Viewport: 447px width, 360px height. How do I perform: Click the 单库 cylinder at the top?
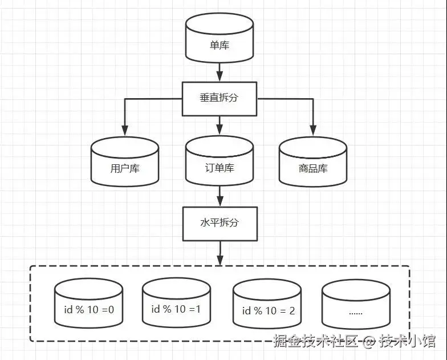click(x=220, y=39)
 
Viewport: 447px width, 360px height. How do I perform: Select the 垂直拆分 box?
click(x=220, y=98)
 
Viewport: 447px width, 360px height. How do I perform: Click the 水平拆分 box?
click(x=220, y=223)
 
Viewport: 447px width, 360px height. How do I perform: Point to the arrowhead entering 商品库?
click(x=312, y=131)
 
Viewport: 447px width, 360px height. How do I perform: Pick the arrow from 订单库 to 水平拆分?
click(x=220, y=197)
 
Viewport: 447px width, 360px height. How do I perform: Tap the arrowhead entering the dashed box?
click(x=220, y=260)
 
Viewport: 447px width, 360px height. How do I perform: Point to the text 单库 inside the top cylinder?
click(x=220, y=45)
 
